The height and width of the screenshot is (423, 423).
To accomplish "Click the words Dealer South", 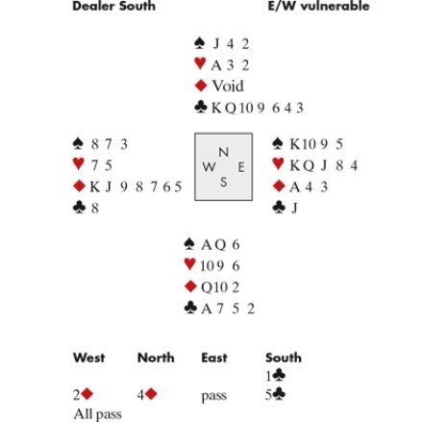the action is click(113, 6).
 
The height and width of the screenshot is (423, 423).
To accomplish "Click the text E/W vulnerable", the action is click(318, 6).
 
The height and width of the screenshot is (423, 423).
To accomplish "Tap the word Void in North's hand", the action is click(228, 86).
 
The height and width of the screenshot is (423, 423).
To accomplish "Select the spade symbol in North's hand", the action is click(200, 43).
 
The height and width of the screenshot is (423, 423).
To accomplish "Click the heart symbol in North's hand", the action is click(200, 63).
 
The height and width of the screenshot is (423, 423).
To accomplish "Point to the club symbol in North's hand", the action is click(201, 107).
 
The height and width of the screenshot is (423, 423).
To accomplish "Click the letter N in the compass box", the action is click(224, 152).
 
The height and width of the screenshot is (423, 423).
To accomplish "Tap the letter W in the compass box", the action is click(209, 166).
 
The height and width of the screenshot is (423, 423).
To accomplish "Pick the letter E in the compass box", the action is click(241, 167).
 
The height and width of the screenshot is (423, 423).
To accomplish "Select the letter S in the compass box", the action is click(223, 182).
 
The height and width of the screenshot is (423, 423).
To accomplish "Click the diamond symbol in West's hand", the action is click(79, 186).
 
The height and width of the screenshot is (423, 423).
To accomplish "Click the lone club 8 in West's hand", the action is click(95, 208).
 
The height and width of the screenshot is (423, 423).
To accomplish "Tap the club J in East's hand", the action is click(294, 208).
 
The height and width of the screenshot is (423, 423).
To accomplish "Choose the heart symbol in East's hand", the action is click(278, 164).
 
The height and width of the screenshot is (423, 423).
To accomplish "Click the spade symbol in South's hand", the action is click(189, 244).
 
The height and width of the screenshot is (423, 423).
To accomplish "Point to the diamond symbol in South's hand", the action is click(190, 286).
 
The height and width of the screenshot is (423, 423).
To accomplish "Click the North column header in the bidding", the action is click(156, 358).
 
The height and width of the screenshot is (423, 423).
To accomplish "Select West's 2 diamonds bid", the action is click(83, 394).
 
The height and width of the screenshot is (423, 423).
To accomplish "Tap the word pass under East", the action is click(213, 396).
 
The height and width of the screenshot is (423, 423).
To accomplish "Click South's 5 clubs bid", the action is click(275, 394).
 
